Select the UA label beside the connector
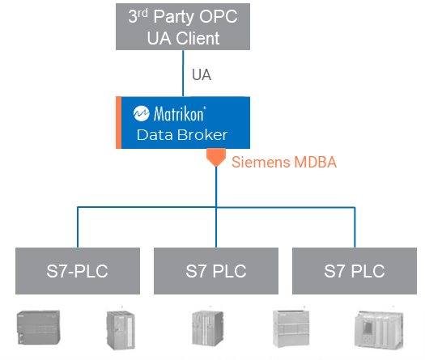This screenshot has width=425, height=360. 202,75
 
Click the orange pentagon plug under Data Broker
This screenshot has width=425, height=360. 215,158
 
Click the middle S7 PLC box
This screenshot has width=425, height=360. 216,270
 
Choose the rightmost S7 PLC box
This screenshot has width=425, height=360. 355,270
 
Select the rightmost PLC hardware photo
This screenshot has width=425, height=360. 377,332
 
